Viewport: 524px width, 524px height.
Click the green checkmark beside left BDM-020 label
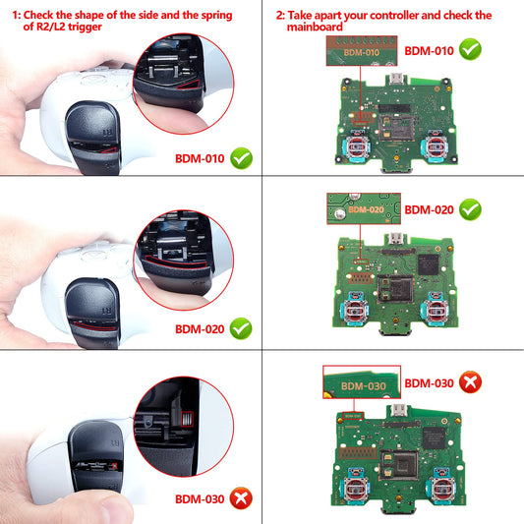[241, 329]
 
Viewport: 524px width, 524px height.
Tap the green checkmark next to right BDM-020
[471, 208]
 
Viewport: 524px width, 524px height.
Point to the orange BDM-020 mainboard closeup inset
[363, 209]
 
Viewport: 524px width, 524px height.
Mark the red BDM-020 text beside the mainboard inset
[430, 209]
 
